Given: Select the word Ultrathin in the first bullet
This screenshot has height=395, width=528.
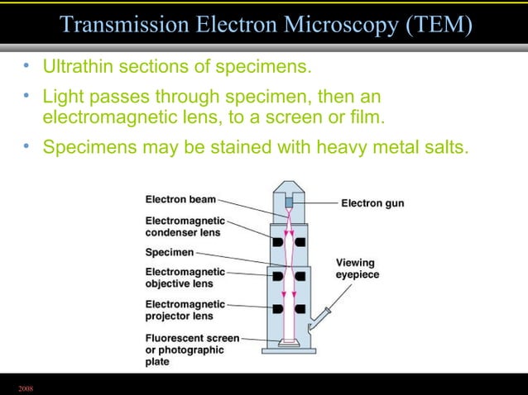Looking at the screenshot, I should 76,65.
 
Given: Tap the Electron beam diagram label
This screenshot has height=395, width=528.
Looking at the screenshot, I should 181,199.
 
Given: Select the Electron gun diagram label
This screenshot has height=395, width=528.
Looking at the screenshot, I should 372,202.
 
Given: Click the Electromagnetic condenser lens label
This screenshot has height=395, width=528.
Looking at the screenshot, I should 184,226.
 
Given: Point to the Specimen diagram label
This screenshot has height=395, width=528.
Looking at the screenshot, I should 170,251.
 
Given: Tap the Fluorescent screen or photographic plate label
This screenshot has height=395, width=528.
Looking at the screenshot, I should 192,349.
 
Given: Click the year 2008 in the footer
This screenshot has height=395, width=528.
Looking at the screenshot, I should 26,387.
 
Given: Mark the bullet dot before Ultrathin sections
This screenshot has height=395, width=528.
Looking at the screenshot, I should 26,64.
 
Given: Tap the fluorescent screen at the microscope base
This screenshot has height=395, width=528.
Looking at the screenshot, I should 289,341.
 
